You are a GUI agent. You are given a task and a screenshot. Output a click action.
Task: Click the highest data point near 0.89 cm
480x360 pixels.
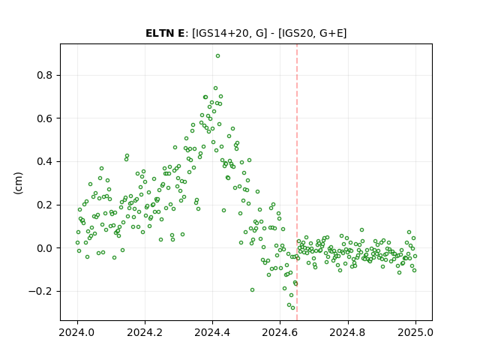(x=217, y=56)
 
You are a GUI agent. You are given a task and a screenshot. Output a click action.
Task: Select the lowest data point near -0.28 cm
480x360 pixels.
(x=292, y=308)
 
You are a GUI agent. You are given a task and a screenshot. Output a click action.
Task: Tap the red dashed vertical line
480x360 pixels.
(x=297, y=182)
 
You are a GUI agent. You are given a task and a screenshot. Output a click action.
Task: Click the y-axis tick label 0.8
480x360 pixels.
(x=44, y=75)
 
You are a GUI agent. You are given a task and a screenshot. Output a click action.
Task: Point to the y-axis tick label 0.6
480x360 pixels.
(x=44, y=118)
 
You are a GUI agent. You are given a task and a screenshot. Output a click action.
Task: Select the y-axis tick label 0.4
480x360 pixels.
(x=44, y=162)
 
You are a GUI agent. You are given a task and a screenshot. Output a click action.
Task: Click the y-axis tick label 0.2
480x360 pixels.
(x=44, y=205)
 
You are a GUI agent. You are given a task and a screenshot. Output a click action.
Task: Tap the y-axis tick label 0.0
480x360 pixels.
(x=44, y=248)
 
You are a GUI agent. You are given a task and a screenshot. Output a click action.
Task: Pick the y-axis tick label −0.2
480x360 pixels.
(x=40, y=291)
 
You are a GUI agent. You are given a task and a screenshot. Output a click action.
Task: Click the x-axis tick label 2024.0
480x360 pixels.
(x=77, y=332)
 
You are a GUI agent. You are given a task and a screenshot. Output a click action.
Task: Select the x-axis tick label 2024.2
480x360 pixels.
(x=145, y=332)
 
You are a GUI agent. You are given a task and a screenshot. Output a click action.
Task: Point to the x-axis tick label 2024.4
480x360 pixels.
(x=212, y=332)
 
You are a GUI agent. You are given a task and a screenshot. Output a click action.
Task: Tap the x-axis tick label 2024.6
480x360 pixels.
(x=280, y=332)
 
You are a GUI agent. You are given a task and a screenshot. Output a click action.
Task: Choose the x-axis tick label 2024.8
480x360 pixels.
(x=348, y=332)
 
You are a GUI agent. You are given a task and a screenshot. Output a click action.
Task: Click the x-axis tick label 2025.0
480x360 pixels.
(x=415, y=332)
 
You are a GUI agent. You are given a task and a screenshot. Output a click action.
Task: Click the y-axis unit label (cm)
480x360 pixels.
(x=18, y=183)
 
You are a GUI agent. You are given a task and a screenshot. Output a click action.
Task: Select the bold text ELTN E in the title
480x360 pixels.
(x=165, y=33)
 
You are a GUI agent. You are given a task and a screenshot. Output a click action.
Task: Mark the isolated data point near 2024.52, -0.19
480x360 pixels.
(x=252, y=290)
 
